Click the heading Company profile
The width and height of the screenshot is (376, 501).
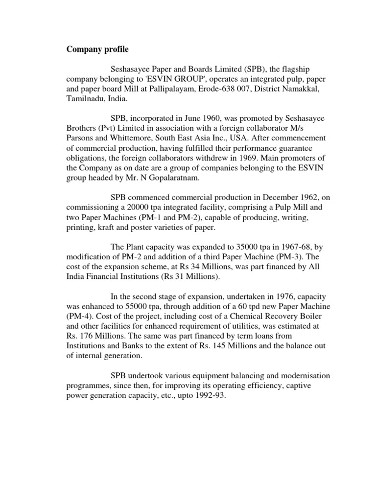coord(98,49)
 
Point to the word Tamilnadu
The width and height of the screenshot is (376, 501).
coord(84,99)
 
